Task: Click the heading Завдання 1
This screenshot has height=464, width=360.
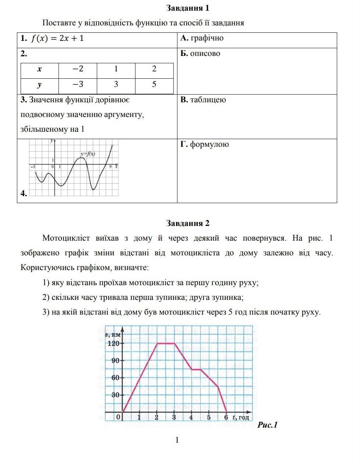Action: point(188,8)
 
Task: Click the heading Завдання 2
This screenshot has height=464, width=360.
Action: point(188,223)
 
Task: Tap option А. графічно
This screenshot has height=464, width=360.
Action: point(202,38)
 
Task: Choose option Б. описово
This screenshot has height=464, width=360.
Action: point(200,53)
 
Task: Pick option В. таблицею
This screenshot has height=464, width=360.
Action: point(203,100)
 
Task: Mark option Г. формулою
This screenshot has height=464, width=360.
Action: point(205,144)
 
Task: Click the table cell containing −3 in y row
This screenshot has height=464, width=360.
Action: point(78,84)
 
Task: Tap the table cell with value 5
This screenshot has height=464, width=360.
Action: point(154,84)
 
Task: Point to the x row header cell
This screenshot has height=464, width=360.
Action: point(39,69)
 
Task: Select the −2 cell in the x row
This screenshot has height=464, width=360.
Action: point(78,69)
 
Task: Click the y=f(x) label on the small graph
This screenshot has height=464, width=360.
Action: point(88,154)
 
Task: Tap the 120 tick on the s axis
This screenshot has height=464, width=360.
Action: point(114,343)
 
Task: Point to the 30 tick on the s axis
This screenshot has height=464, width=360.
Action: point(116,395)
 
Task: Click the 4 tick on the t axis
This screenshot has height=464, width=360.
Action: point(191,417)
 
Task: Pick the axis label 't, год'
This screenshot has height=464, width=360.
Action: point(241,417)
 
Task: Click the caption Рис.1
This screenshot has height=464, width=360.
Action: point(268,425)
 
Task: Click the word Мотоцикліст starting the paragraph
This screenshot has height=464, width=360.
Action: point(66,238)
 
